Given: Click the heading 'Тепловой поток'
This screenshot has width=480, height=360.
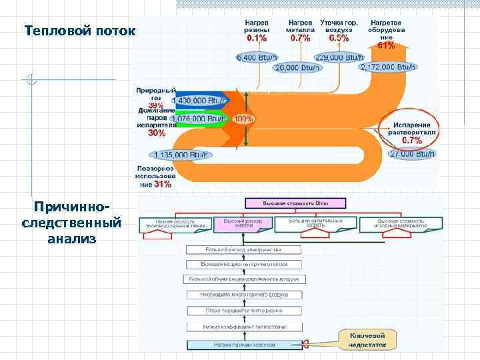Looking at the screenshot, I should pyautogui.click(x=79, y=31).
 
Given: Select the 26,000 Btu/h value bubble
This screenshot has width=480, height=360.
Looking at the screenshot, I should pyautogui.click(x=297, y=67).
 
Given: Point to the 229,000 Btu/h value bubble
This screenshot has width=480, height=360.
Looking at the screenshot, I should pyautogui.click(x=339, y=57).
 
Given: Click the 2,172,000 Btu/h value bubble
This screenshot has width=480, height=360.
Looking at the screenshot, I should pyautogui.click(x=389, y=67).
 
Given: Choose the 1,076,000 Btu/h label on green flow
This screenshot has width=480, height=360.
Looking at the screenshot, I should pyautogui.click(x=199, y=119).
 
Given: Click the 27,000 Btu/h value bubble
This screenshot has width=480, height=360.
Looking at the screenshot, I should pyautogui.click(x=411, y=154).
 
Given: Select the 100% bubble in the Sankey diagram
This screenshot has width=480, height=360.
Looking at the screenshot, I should pyautogui.click(x=244, y=119).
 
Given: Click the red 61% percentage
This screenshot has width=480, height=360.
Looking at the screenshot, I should pyautogui.click(x=386, y=46).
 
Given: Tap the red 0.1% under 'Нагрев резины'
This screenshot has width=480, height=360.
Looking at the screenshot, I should pyautogui.click(x=257, y=38).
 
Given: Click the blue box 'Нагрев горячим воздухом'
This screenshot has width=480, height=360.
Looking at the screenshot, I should pyautogui.click(x=244, y=345).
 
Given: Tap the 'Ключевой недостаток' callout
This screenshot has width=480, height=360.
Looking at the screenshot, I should pyautogui.click(x=367, y=340).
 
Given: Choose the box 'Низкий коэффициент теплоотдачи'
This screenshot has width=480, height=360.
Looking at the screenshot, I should pyautogui.click(x=244, y=327).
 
